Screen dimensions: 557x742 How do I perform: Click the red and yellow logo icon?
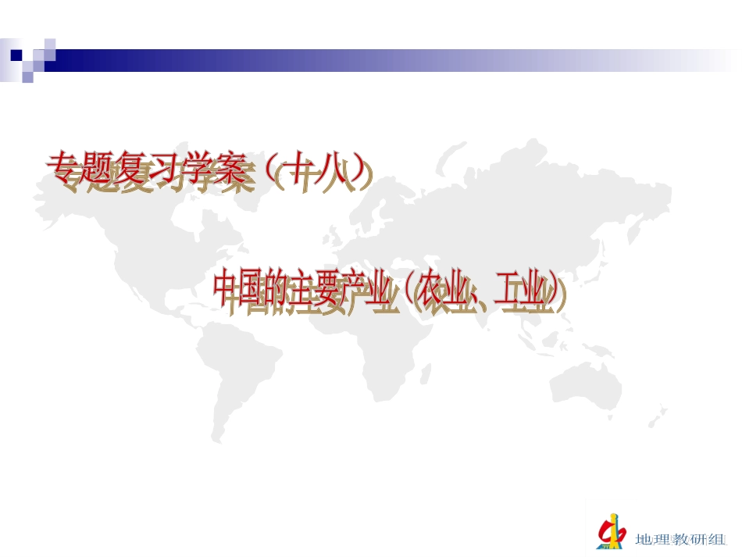tap(612, 531)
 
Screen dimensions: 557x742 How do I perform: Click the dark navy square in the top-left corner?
tap(16, 55)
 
